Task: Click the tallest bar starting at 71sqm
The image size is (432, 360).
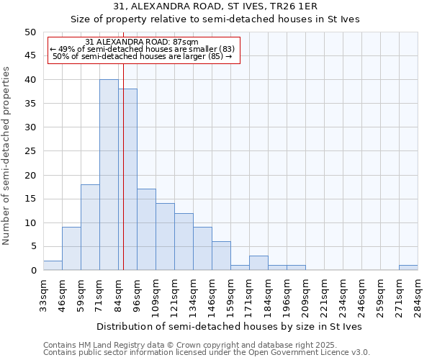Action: (109, 175)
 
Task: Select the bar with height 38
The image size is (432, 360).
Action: (127, 179)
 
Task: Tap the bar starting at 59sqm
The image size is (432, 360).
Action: (90, 228)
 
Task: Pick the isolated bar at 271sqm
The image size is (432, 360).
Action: (408, 268)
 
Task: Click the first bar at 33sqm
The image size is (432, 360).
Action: (53, 266)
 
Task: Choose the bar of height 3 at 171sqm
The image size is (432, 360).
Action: (258, 263)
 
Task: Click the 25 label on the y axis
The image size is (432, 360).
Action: (30, 151)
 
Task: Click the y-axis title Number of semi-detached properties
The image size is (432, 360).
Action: (6, 156)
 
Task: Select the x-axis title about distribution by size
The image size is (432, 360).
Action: (230, 326)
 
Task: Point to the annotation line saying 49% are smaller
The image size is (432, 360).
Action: (142, 49)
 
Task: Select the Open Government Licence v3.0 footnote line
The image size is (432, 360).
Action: (207, 353)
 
